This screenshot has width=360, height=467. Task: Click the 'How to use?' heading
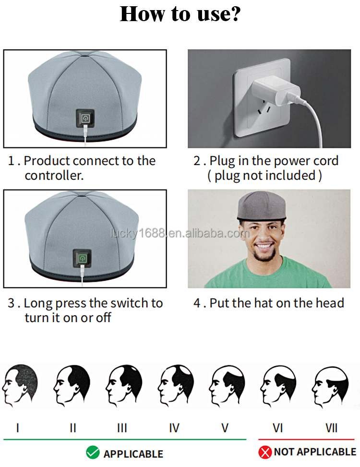tap(180, 14)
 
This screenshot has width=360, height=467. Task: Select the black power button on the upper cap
tap(84, 118)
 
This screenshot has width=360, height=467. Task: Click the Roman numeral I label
tap(18, 427)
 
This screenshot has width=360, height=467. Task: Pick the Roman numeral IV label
tap(174, 427)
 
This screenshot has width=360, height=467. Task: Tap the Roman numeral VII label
tap(332, 427)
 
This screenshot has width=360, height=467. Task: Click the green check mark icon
tap(93, 453)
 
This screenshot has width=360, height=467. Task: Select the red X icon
tap(265, 452)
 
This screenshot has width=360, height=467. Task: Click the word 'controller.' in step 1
tap(54, 176)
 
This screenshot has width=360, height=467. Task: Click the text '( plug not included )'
tap(264, 176)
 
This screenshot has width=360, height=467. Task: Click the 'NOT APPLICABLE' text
tap(315, 452)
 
